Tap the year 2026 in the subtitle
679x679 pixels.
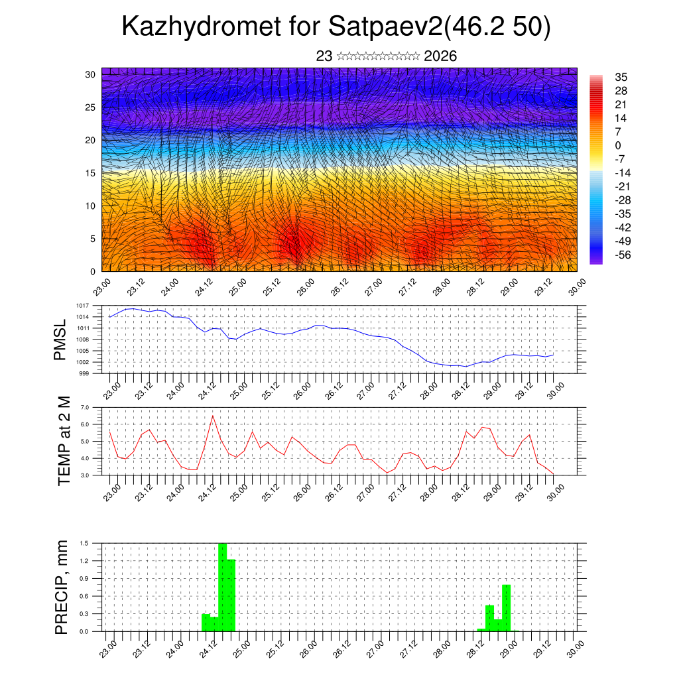coord(440,56)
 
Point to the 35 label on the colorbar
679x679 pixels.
coord(621,77)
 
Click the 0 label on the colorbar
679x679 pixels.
coord(618,145)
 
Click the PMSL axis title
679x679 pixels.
coord(60,339)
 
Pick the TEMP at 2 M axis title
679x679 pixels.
coord(64,442)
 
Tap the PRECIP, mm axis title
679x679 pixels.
coord(62,586)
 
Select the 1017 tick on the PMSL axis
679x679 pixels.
coord(82,306)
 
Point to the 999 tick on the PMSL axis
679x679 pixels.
coord(84,373)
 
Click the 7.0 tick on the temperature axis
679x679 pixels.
coord(85,407)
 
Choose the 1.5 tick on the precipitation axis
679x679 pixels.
coord(85,543)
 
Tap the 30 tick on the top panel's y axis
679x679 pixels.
coord(90,74)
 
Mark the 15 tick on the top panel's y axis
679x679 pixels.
coord(90,173)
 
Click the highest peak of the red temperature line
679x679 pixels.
coord(213,416)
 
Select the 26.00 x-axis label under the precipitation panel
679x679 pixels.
coord(306,648)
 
